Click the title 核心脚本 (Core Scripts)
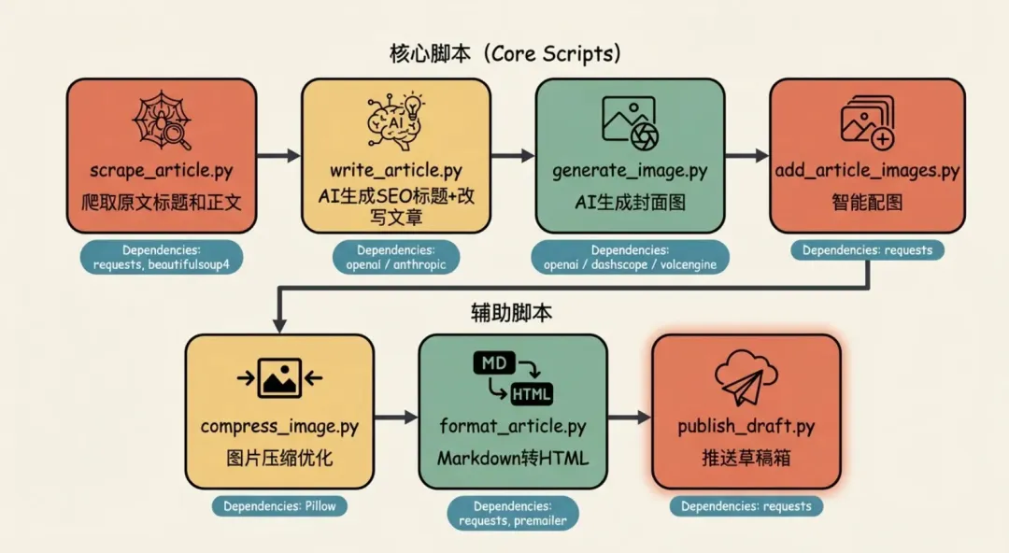pos(504,53)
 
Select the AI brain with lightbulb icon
pos(395,122)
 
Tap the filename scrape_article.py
pos(161,171)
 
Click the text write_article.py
pos(395,171)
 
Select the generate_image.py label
pos(630,171)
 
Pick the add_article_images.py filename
pos(867,171)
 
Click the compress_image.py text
pos(279,427)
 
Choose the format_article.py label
pos(513,427)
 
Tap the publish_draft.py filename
pos(746,427)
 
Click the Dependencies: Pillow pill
pos(279,506)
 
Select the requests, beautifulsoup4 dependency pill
pos(161,257)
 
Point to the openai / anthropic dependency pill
pos(396,257)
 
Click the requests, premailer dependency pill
pos(513,513)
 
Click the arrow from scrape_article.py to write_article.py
pos(278,155)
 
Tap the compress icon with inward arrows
pos(279,377)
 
